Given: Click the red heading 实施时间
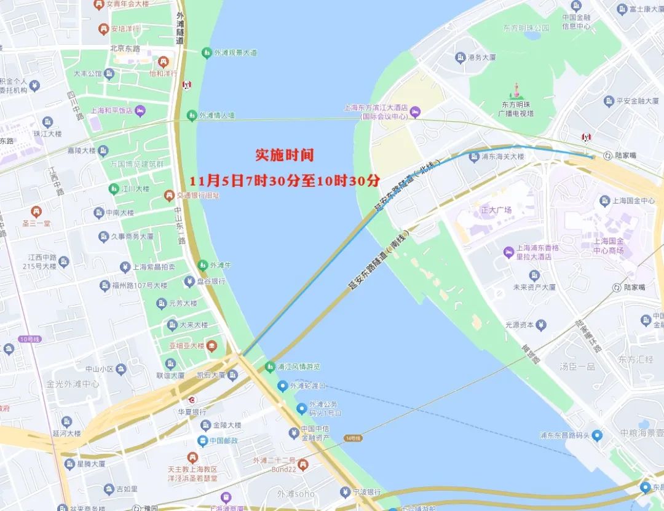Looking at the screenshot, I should (x=284, y=155).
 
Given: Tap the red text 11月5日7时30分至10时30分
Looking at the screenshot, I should (x=285, y=181).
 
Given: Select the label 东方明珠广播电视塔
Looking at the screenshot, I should (x=517, y=109).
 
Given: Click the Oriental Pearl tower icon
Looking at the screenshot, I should (x=517, y=91).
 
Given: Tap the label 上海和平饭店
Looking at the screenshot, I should (x=111, y=111).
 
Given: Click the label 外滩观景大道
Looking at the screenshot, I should (x=235, y=53).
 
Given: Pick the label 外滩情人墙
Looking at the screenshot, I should (x=217, y=116).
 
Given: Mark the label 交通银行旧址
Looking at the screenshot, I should (x=198, y=196).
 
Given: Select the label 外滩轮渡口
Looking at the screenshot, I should (x=307, y=386).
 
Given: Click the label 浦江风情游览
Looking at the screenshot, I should (x=298, y=367).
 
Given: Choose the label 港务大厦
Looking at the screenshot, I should (x=481, y=57).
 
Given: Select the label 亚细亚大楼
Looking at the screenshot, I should (x=186, y=346).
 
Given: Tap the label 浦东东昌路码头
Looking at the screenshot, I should (x=564, y=435).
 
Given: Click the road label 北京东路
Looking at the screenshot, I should (x=125, y=49).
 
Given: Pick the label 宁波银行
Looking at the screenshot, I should (x=367, y=492).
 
